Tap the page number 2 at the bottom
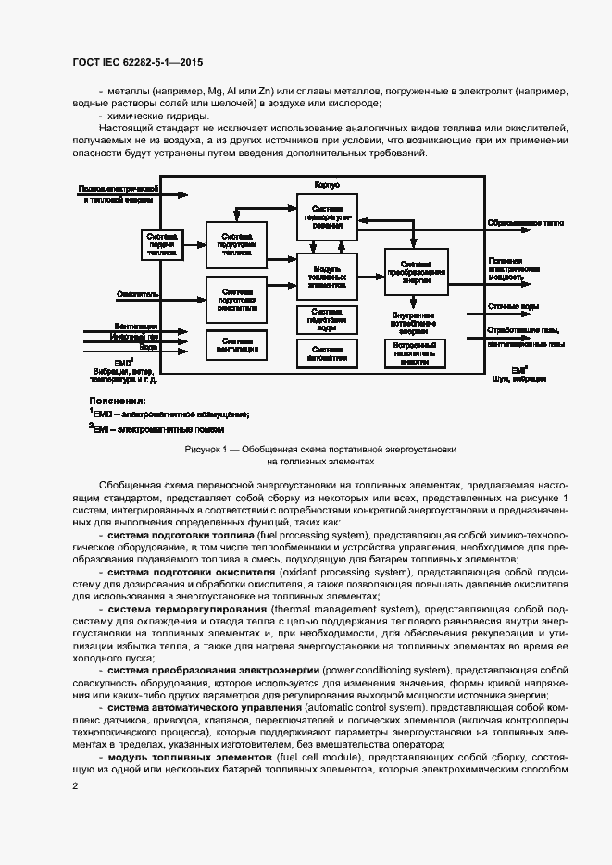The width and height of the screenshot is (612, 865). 75,785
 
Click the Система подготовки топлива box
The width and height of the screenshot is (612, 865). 236,244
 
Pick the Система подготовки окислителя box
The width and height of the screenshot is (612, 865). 236,298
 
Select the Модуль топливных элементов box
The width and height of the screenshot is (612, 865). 327,275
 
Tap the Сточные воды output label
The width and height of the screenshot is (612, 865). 509,306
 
